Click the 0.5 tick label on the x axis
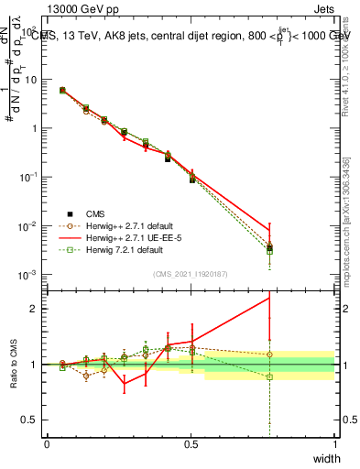191,444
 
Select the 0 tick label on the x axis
47,444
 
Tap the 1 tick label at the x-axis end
334,444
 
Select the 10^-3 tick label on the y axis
30,275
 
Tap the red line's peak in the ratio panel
268,297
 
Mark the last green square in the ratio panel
268,377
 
